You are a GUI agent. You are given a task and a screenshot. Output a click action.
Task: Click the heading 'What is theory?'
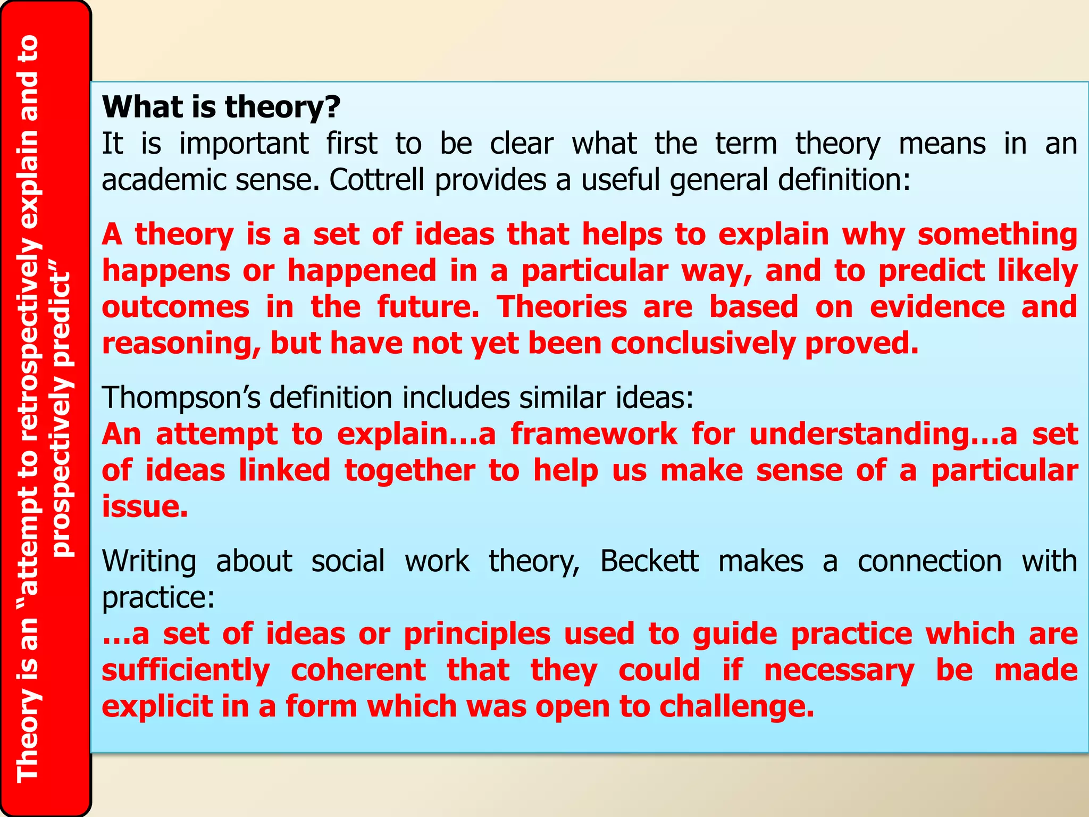pos(221,107)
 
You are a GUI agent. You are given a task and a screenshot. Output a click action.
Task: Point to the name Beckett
pos(649,562)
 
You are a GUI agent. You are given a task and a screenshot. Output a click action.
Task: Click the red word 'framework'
pos(594,434)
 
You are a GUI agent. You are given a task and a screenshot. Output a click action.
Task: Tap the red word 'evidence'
pos(937,307)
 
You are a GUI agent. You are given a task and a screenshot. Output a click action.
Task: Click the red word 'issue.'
pos(145,506)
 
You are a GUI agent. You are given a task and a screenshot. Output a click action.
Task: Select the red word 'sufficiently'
pos(186,670)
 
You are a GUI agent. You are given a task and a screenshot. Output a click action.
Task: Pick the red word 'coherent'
pos(358,670)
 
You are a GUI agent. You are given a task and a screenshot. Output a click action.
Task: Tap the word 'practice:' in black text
pos(158,598)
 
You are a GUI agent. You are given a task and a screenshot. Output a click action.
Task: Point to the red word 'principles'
pos(477,634)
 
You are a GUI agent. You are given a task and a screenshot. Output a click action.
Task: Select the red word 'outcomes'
pos(175,307)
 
